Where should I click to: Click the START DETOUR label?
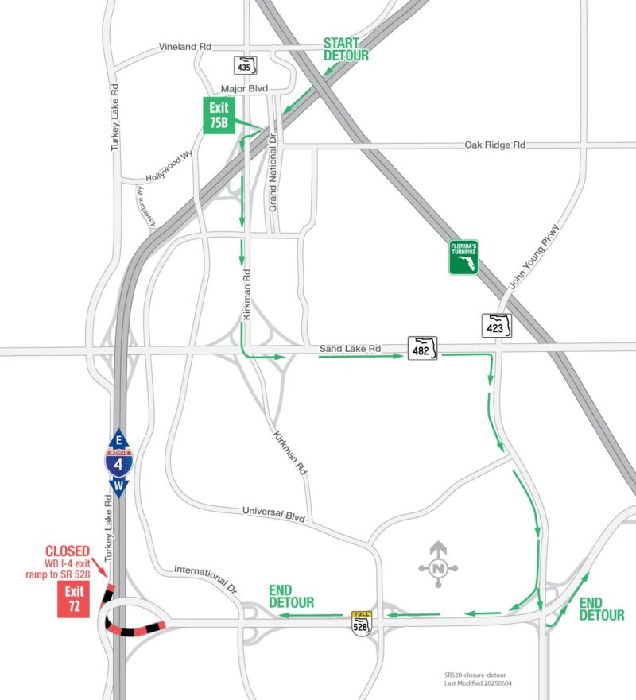(x=346, y=49)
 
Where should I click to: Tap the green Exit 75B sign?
(x=219, y=116)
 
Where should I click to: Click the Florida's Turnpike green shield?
(x=463, y=258)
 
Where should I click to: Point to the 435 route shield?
(x=244, y=65)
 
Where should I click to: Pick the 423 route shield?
(x=496, y=325)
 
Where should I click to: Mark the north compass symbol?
(x=437, y=567)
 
